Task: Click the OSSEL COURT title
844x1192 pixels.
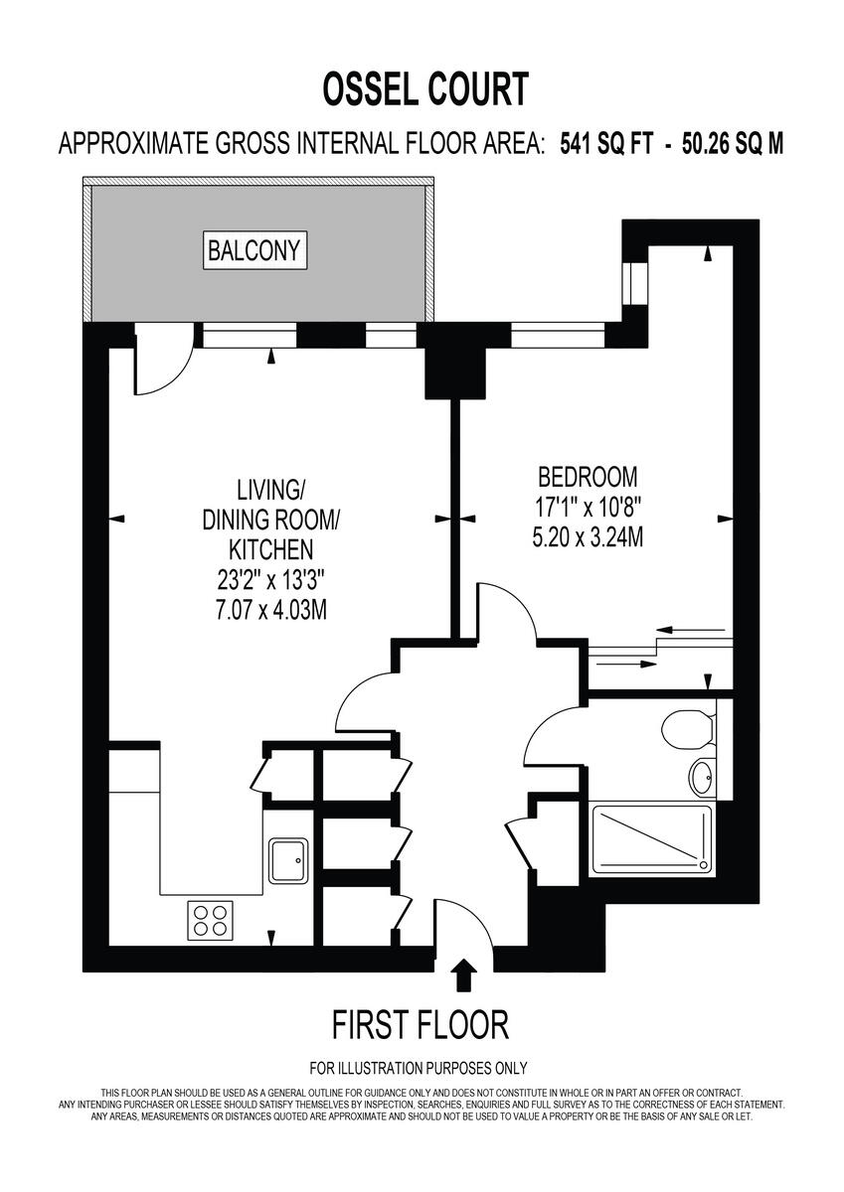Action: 423,90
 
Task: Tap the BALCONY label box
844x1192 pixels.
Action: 253,250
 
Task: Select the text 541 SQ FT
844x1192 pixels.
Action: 606,143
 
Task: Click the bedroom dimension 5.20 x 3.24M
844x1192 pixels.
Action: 588,539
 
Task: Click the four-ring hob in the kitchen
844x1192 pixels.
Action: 210,920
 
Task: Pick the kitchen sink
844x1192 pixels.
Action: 290,858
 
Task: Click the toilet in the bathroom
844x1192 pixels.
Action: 688,730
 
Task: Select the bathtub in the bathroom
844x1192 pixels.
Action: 652,840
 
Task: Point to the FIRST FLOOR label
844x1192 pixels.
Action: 420,1023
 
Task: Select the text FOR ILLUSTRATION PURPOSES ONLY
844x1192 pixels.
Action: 418,1069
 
